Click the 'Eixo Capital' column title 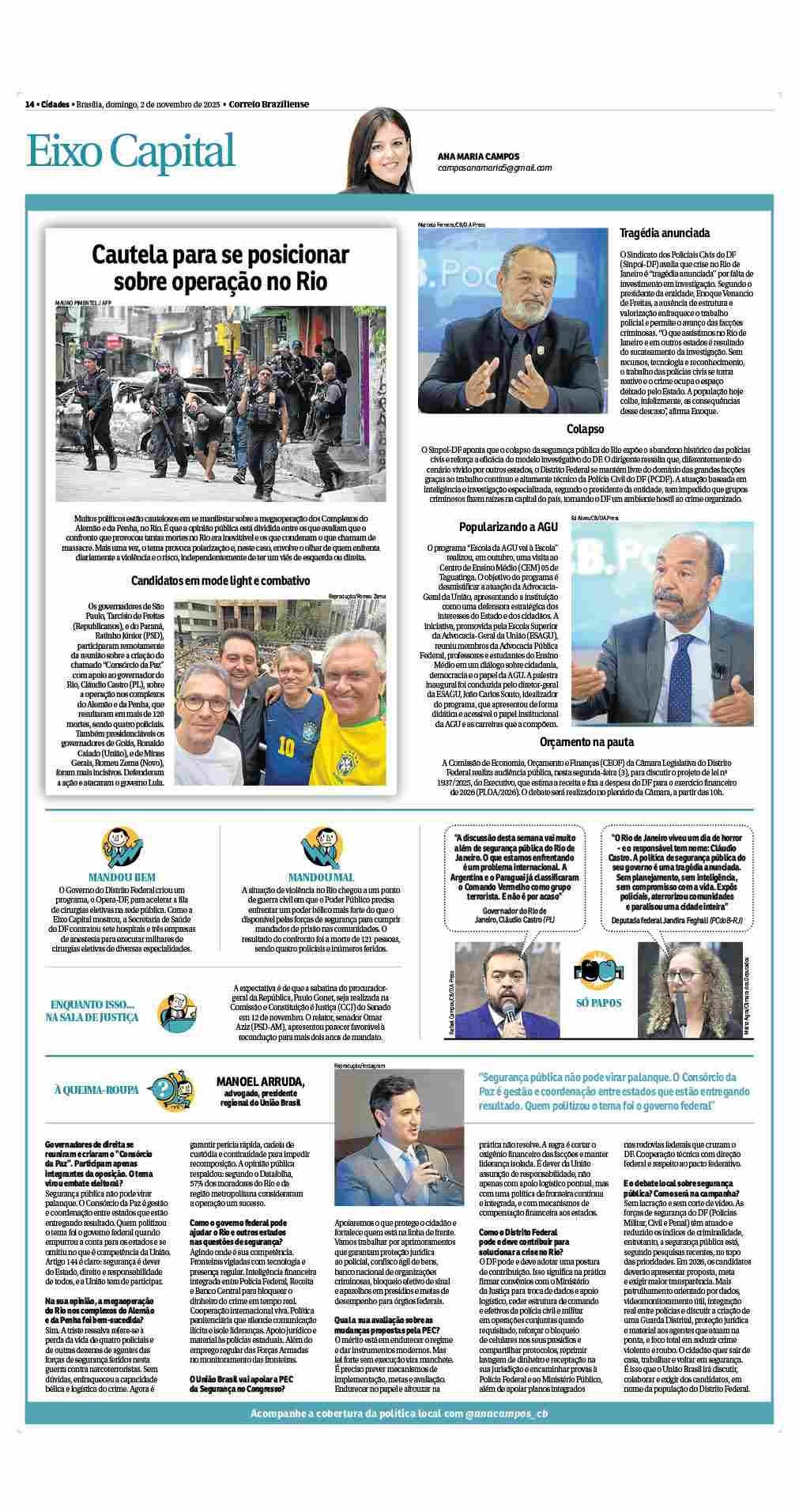point(131,152)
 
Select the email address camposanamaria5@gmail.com point(494,168)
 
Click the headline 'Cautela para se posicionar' point(220,255)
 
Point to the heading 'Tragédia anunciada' point(664,233)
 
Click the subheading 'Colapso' point(585,429)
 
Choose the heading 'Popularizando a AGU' point(509,526)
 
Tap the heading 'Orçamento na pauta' point(585,742)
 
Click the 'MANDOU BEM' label point(122,877)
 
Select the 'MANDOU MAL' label point(321,877)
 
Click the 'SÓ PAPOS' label point(598,1003)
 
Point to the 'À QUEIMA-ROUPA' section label point(96,1090)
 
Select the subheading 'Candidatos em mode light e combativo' point(220,580)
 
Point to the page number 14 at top point(29,104)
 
